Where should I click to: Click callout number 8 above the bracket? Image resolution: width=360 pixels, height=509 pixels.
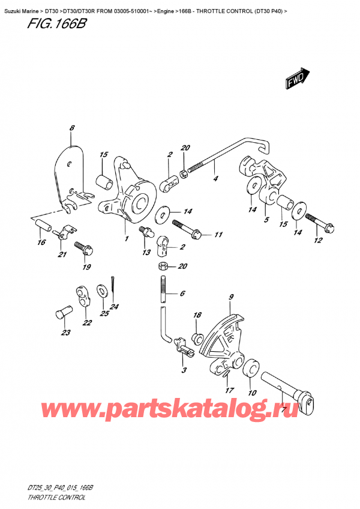pyautogui.click(x=71, y=128)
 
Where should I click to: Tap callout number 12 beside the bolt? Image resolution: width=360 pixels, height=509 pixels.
pyautogui.click(x=317, y=241)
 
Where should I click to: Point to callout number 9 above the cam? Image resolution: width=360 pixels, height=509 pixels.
pyautogui.click(x=230, y=297)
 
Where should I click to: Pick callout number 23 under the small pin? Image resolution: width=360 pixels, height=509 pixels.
pyautogui.click(x=65, y=333)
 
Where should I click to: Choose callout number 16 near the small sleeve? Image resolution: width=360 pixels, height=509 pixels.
pyautogui.click(x=40, y=242)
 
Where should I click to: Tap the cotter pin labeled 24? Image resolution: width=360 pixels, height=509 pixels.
pyautogui.click(x=113, y=282)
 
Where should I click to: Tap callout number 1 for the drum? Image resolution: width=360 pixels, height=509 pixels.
pyautogui.click(x=127, y=239)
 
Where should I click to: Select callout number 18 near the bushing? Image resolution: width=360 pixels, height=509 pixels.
pyautogui.click(x=196, y=315)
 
